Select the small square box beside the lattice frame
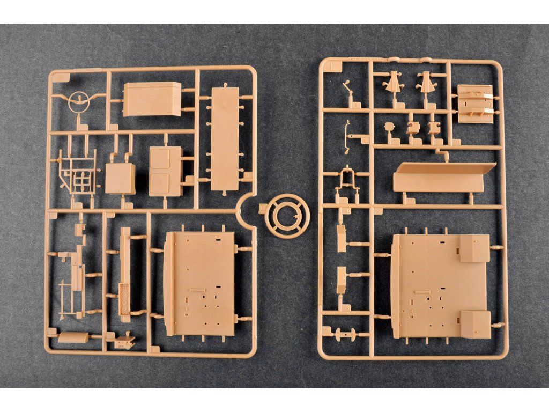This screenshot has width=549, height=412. tap(120, 178)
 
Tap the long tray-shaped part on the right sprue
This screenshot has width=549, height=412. tap(436, 178)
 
